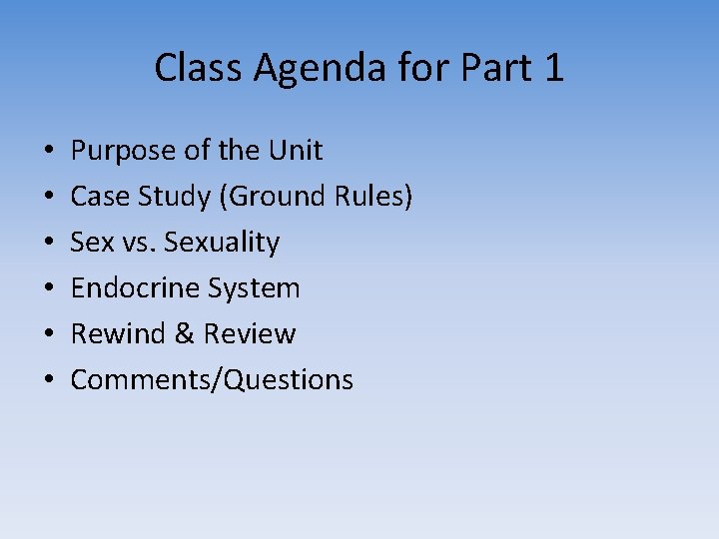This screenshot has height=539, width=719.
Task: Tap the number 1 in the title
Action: tap(553, 68)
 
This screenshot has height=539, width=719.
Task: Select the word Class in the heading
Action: tap(200, 68)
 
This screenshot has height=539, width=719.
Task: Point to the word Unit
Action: tap(296, 151)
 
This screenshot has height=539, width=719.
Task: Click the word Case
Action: tap(99, 197)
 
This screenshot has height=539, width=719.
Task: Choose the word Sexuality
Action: tap(222, 243)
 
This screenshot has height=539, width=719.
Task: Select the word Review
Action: tap(250, 334)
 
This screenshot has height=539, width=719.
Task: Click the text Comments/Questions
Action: tap(212, 380)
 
